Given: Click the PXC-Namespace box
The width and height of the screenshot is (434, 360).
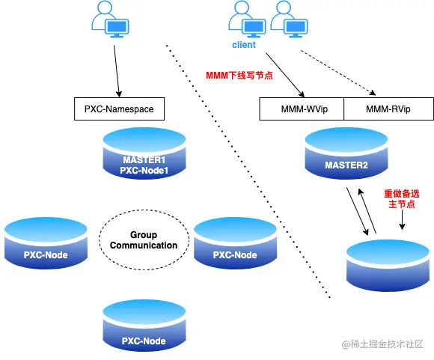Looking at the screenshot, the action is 119,109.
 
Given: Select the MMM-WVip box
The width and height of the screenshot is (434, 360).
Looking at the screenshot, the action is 302,109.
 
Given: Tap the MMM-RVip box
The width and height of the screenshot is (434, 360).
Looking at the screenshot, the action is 388,109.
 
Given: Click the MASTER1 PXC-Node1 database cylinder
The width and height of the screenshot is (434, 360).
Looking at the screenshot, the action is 144,153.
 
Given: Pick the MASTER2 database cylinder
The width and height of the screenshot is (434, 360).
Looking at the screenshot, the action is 346,153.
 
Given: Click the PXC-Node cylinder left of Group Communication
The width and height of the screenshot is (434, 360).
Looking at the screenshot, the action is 46,243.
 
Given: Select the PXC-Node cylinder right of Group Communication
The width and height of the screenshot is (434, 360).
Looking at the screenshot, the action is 235,243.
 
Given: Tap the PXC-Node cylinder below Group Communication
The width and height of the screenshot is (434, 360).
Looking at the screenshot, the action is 144,326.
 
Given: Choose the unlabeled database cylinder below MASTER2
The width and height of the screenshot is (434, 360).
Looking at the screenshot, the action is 388,266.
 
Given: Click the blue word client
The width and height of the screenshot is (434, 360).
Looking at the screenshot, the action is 244,45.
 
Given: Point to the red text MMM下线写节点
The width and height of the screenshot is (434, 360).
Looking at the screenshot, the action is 239,76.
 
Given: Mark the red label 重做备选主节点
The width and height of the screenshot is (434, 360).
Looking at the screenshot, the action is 402,199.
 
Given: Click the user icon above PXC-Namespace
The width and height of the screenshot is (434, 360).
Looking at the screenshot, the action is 110,19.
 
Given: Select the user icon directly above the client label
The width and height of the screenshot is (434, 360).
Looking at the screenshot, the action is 247,19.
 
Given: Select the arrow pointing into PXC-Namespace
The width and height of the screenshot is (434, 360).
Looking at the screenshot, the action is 117,71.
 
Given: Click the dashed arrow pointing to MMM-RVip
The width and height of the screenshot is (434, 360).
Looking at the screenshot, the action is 338,73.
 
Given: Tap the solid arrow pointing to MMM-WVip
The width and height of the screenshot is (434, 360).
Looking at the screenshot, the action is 285,75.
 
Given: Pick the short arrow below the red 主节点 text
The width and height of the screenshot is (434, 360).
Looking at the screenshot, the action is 402,219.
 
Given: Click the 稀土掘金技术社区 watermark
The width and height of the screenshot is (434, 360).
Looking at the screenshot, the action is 382,344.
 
